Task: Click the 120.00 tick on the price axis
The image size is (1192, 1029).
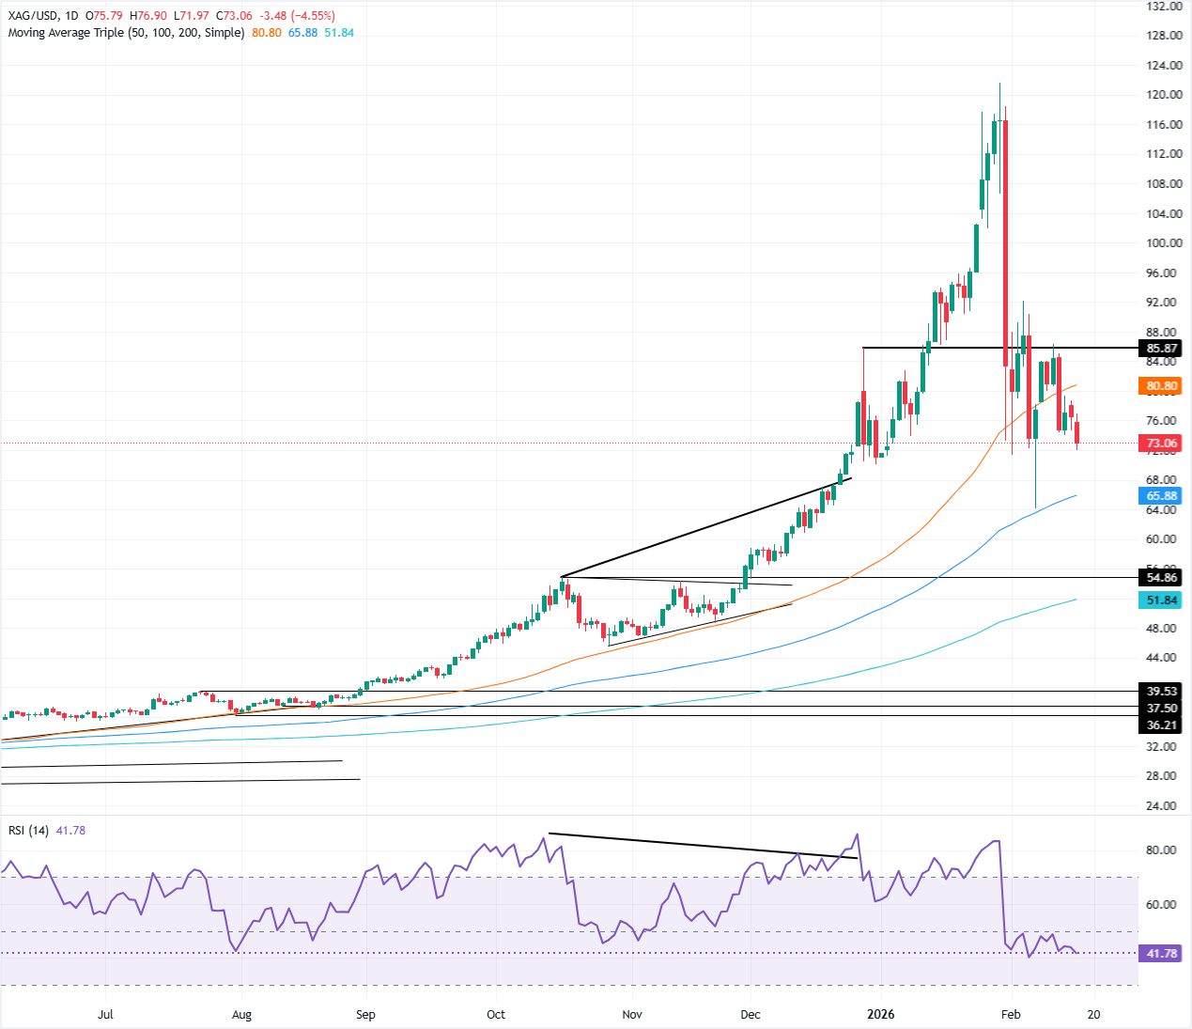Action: [1163, 95]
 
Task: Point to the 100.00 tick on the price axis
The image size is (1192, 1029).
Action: [1163, 243]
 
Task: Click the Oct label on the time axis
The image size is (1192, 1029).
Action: [496, 1015]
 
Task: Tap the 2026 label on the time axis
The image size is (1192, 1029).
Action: [881, 1015]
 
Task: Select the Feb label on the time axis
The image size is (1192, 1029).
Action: [1011, 1015]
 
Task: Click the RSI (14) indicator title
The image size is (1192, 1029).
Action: [28, 831]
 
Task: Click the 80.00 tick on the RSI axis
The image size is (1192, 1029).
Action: [1161, 850]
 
